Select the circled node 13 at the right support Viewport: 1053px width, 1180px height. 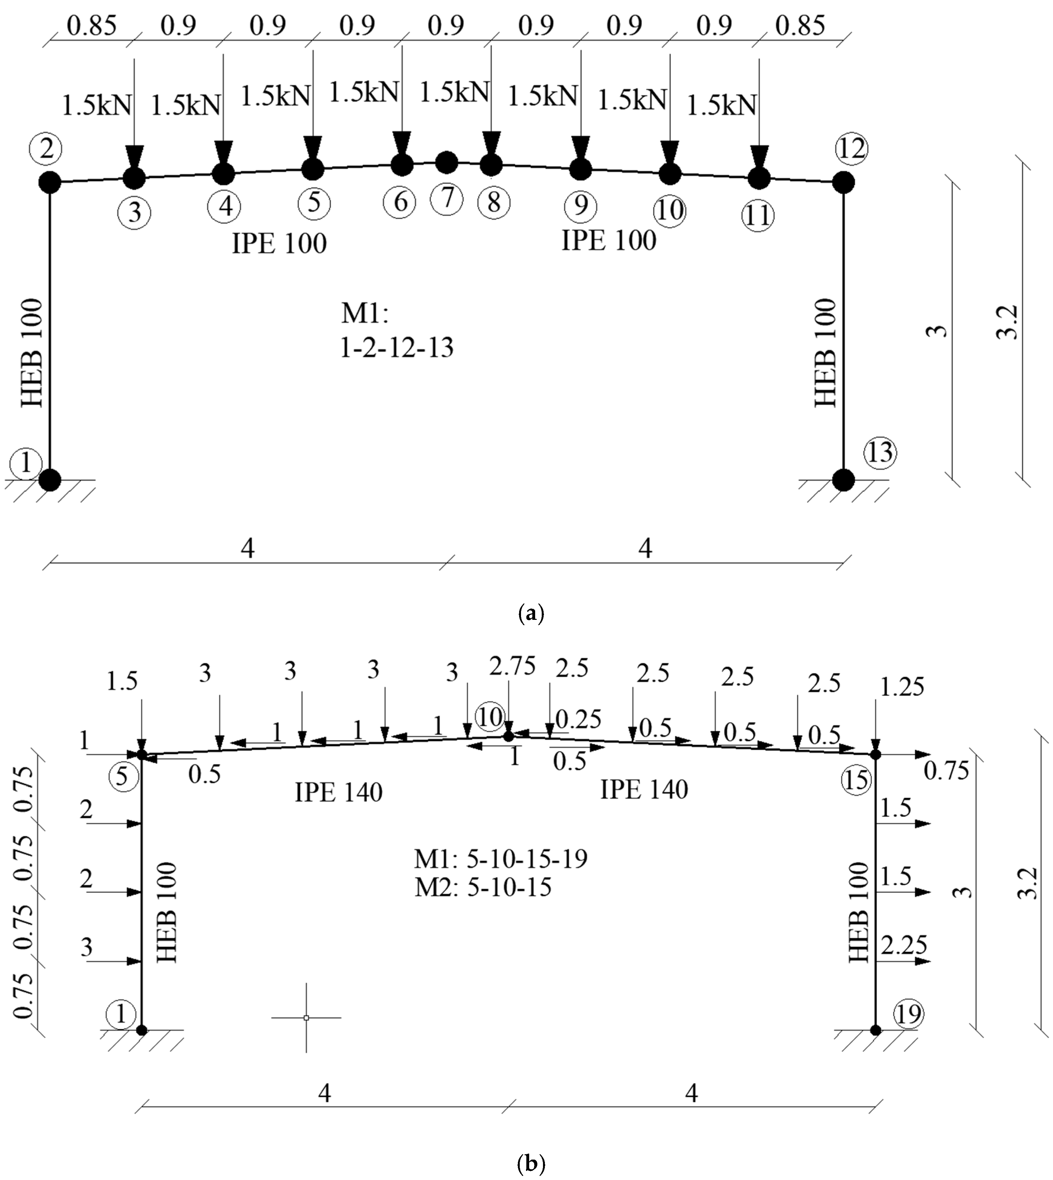click(x=880, y=453)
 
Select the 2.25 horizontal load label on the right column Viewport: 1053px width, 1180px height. click(x=904, y=945)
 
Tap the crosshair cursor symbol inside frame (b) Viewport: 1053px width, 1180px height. click(x=306, y=1017)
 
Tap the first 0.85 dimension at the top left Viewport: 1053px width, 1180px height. click(x=91, y=25)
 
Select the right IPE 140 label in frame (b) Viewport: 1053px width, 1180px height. click(x=644, y=789)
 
